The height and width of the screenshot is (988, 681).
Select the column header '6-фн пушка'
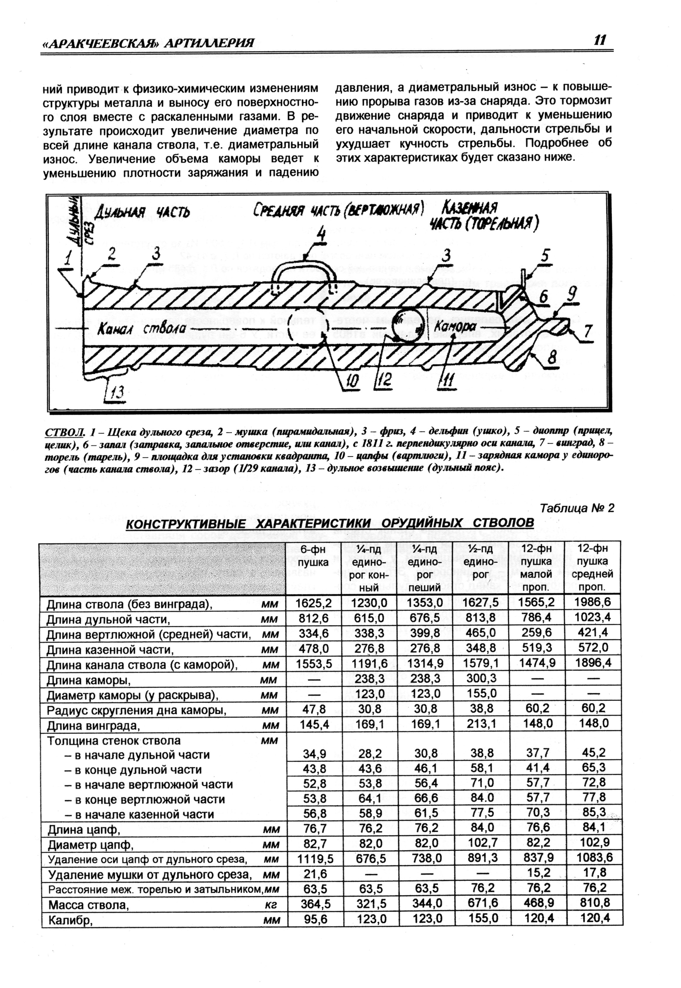tap(314, 555)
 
